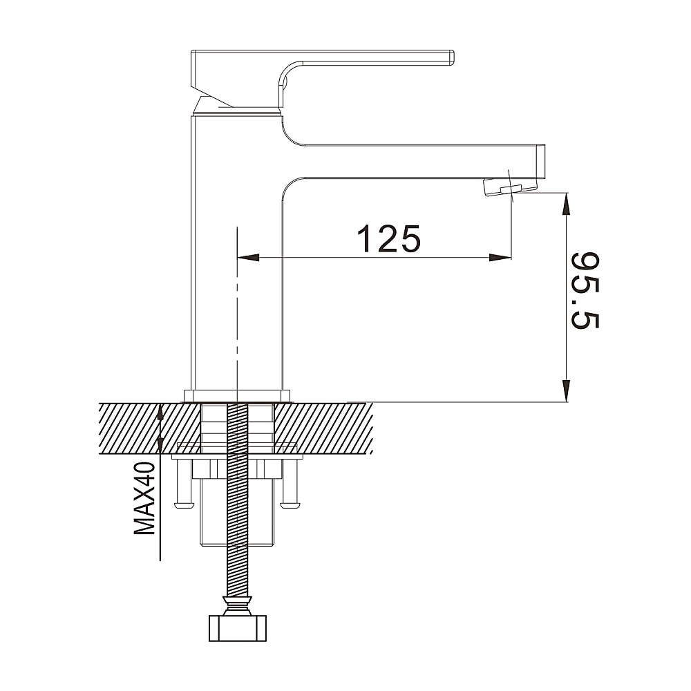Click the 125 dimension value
[x=388, y=238]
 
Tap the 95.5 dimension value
[x=585, y=290]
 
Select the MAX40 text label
[x=145, y=498]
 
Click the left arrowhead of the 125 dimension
[x=248, y=257]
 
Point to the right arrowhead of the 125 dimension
[x=500, y=257]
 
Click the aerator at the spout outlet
[x=511, y=187]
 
